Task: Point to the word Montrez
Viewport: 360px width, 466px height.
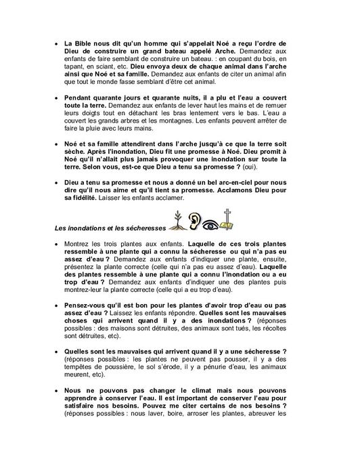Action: click(x=81, y=242)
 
